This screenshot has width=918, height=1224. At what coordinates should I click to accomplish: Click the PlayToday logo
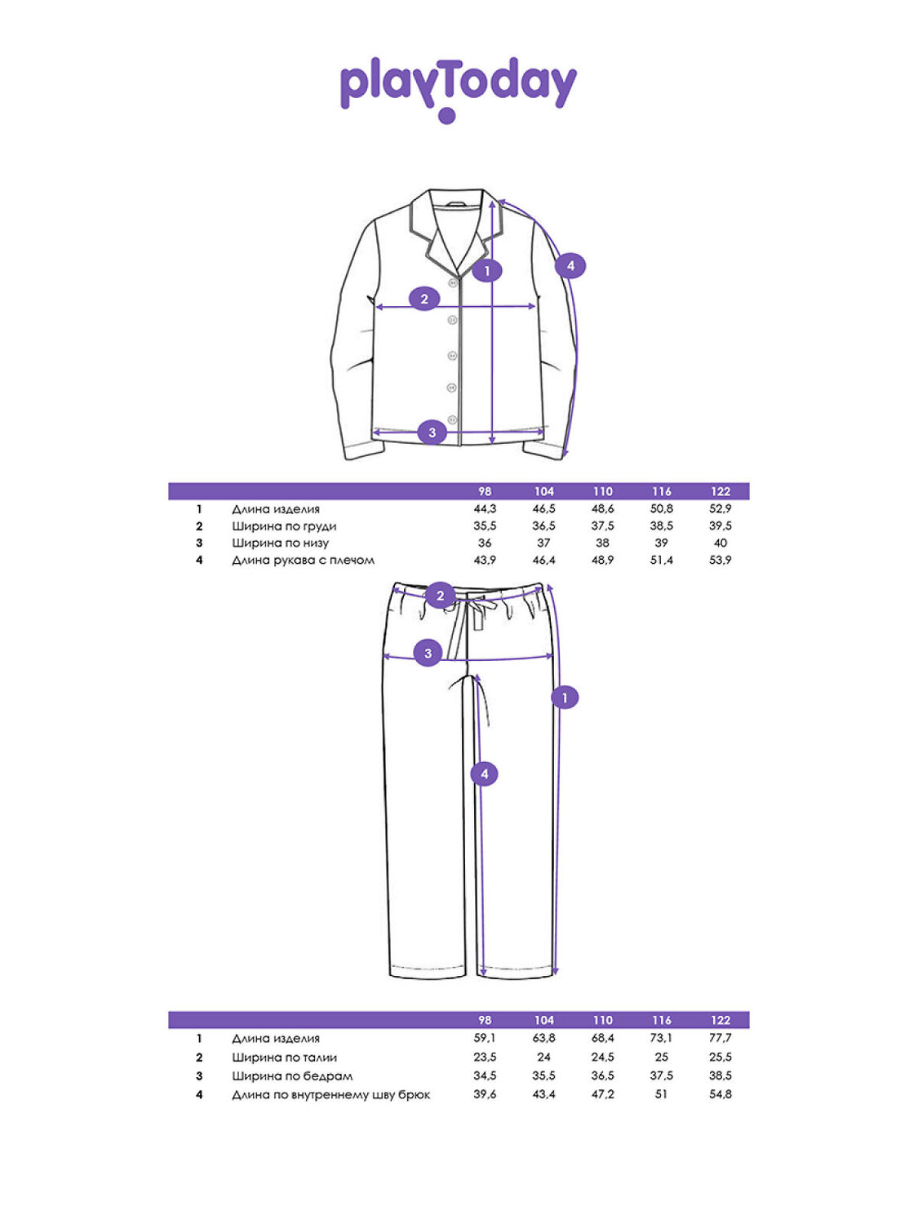click(x=458, y=87)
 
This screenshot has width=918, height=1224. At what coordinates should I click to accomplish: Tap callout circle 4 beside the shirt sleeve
click(x=570, y=265)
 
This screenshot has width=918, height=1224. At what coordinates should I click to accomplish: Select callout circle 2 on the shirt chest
click(x=424, y=299)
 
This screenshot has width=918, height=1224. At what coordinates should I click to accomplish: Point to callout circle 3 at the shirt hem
click(x=432, y=432)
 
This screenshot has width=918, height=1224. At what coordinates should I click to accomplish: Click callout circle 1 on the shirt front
click(x=487, y=270)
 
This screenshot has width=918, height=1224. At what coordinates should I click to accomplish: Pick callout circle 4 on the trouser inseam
click(x=484, y=774)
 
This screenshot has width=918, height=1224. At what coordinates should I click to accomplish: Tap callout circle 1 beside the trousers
click(x=565, y=698)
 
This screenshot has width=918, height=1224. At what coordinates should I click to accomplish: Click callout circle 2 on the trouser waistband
click(x=440, y=596)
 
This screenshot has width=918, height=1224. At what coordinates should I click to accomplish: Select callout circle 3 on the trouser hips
click(x=428, y=653)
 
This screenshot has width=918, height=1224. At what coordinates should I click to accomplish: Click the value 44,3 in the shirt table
click(x=485, y=509)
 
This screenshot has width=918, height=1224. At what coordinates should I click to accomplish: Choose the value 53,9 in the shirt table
click(x=721, y=561)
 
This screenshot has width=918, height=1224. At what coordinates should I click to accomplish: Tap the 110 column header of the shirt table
click(x=603, y=491)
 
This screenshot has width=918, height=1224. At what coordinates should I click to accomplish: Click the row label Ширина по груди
click(x=284, y=526)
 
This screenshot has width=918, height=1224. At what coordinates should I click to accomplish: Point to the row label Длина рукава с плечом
click(x=303, y=561)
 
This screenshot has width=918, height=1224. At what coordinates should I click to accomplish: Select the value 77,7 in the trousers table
click(x=721, y=1039)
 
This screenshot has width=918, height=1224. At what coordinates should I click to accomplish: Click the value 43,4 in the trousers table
click(x=543, y=1095)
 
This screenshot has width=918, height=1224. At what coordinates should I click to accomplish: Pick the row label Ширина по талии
click(x=284, y=1058)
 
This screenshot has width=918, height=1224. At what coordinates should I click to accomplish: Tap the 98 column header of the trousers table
click(x=485, y=1020)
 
